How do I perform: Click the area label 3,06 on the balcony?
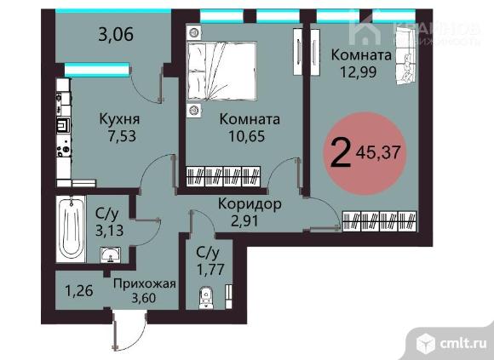click(118, 35)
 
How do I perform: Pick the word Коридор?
click(250, 205)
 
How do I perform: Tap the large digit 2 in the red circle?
click(340, 154)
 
